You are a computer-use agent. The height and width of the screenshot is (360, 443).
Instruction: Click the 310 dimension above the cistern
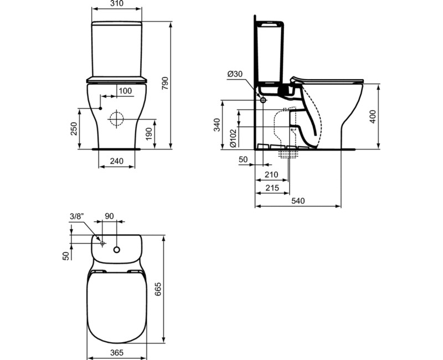click(x=116, y=4)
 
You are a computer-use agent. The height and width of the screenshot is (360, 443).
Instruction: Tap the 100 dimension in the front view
click(x=126, y=90)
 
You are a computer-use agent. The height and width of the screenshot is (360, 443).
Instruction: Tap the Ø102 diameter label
click(x=233, y=137)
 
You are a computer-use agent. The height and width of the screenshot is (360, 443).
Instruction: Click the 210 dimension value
click(x=271, y=175)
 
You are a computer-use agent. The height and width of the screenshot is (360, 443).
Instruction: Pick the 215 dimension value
click(x=271, y=188)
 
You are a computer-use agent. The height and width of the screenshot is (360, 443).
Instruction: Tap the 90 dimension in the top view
click(x=109, y=216)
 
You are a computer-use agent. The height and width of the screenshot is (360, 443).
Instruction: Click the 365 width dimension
click(x=116, y=353)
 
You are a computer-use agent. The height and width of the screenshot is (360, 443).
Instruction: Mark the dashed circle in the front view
click(x=117, y=119)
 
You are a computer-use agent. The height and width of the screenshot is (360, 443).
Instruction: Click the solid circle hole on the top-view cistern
click(x=117, y=249)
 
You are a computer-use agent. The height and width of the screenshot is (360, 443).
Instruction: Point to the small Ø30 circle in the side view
click(x=262, y=100)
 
